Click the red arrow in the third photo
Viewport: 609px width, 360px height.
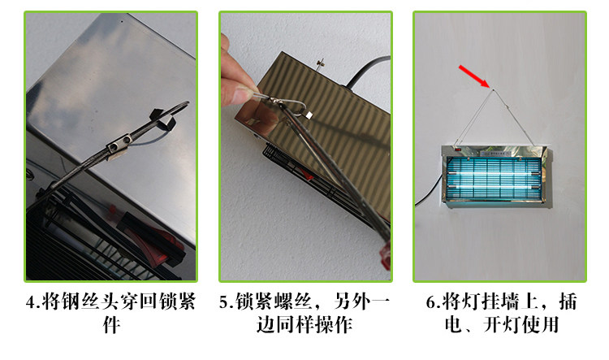tap(474, 76)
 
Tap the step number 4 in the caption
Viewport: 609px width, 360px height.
tap(31, 302)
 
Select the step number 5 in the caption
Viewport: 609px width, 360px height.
tap(224, 302)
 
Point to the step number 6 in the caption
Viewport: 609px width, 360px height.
tap(431, 302)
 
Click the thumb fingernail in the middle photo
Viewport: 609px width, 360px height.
tap(243, 93)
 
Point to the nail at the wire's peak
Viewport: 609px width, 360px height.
tap(493, 90)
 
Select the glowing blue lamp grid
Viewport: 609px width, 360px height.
tap(494, 179)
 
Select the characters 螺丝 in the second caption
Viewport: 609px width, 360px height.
tap(293, 302)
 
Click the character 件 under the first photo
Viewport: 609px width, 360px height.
tap(111, 325)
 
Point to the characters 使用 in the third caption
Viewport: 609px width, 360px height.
tap(540, 325)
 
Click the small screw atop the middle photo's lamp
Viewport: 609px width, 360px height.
tap(322, 64)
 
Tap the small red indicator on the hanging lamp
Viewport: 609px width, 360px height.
tap(457, 149)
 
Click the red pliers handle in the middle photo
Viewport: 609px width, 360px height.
tap(385, 255)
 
